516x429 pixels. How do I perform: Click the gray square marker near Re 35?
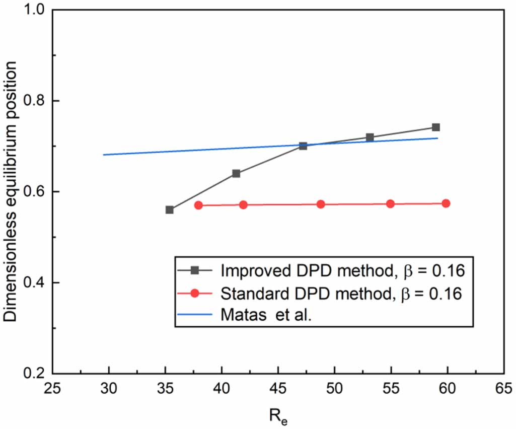pos(170,209)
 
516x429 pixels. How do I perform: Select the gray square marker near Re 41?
pos(236,174)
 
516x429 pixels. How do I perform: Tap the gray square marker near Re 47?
pos(303,146)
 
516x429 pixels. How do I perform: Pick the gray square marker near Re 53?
pos(370,137)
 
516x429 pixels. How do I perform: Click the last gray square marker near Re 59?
pos(436,127)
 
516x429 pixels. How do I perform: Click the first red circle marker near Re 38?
pos(198,205)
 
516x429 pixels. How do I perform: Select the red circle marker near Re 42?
pos(243,205)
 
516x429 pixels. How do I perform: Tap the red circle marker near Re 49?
pos(321,204)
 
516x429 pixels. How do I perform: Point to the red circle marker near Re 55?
pos(390,204)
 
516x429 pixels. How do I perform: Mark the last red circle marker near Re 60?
pos(446,203)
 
